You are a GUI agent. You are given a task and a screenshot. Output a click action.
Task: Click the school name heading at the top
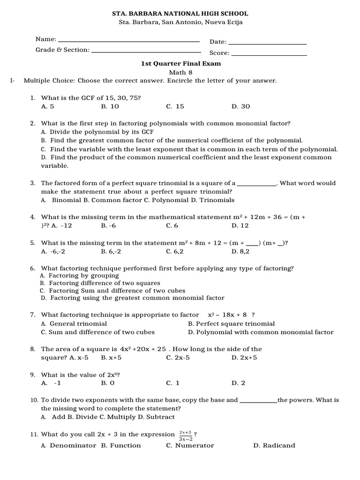[x=181, y=14]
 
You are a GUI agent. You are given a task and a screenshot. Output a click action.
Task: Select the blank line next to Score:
[x=269, y=55]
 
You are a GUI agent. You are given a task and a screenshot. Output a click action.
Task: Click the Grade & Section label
[x=62, y=50]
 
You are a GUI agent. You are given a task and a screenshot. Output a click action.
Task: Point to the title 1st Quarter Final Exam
[x=181, y=63]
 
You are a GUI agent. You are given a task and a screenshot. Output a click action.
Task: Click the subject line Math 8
[x=181, y=72]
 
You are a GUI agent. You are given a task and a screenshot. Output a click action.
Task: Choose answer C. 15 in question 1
[x=175, y=106]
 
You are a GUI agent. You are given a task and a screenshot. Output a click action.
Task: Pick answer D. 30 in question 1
[x=241, y=106]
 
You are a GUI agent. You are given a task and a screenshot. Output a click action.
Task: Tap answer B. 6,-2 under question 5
[x=111, y=251]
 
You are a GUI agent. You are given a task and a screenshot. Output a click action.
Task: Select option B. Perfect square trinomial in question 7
[x=231, y=323]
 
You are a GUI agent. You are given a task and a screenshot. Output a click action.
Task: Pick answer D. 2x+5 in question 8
[x=244, y=358]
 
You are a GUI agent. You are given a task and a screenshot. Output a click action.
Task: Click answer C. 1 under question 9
[x=173, y=383]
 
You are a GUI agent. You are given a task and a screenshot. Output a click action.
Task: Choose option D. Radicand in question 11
[x=274, y=445]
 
